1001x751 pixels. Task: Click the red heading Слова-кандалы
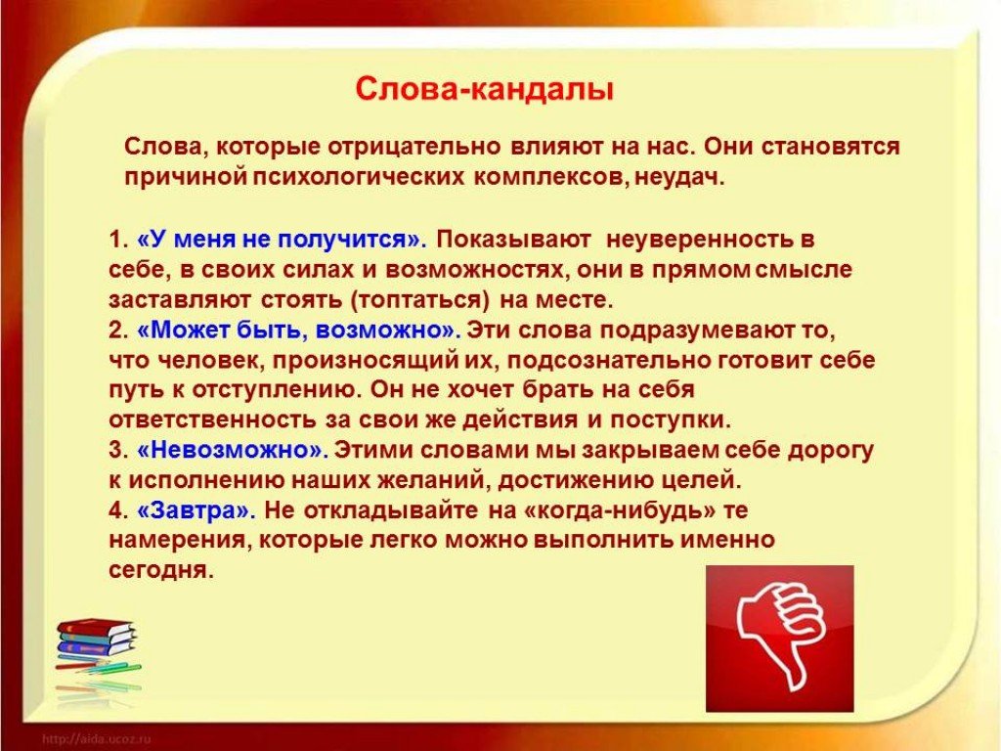pyautogui.click(x=484, y=89)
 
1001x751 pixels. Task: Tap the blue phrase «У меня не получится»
pyautogui.click(x=282, y=240)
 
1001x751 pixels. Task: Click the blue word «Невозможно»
pyautogui.click(x=233, y=450)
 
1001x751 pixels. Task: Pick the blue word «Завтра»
pyautogui.click(x=196, y=510)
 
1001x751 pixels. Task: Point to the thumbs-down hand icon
pyautogui.click(x=780, y=640)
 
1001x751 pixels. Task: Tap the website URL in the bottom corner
pyautogui.click(x=96, y=739)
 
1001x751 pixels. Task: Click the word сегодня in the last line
pyautogui.click(x=161, y=570)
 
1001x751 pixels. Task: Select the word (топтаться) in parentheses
pyautogui.click(x=420, y=300)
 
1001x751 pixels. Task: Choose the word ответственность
pyautogui.click(x=212, y=420)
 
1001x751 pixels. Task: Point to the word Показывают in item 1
pyautogui.click(x=514, y=240)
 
